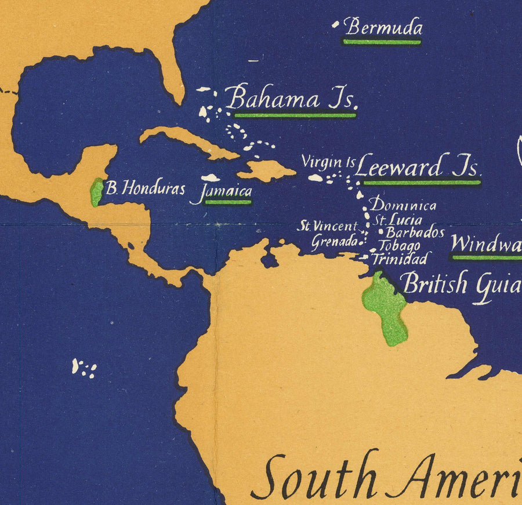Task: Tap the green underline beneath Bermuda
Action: pyautogui.click(x=382, y=42)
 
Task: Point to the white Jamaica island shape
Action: pyautogui.click(x=210, y=179)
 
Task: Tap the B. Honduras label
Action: pyautogui.click(x=146, y=188)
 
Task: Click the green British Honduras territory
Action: pyautogui.click(x=97, y=192)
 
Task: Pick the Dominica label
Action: pyautogui.click(x=403, y=205)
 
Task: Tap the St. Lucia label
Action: pyautogui.click(x=398, y=220)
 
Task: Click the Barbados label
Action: pyautogui.click(x=415, y=233)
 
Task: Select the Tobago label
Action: pyautogui.click(x=400, y=246)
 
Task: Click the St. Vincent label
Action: pyautogui.click(x=327, y=227)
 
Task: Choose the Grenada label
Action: pyautogui.click(x=334, y=241)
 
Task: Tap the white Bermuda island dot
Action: pyautogui.click(x=335, y=25)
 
